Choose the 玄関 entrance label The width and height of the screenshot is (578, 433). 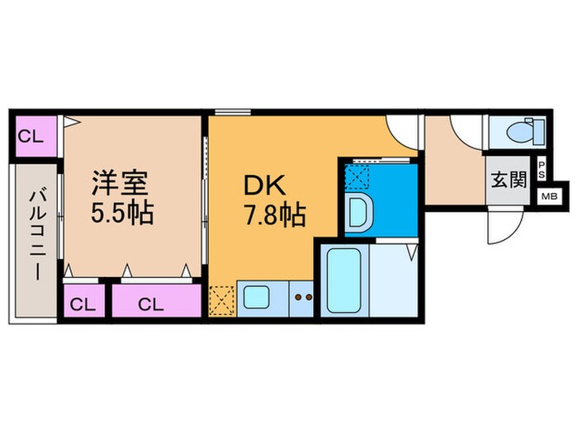click(x=509, y=180)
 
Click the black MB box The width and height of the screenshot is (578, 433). click(x=548, y=196)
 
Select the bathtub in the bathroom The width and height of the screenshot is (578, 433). click(x=339, y=278)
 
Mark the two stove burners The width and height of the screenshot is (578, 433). click(x=303, y=297)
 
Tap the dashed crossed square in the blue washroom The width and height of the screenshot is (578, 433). click(x=358, y=176)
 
